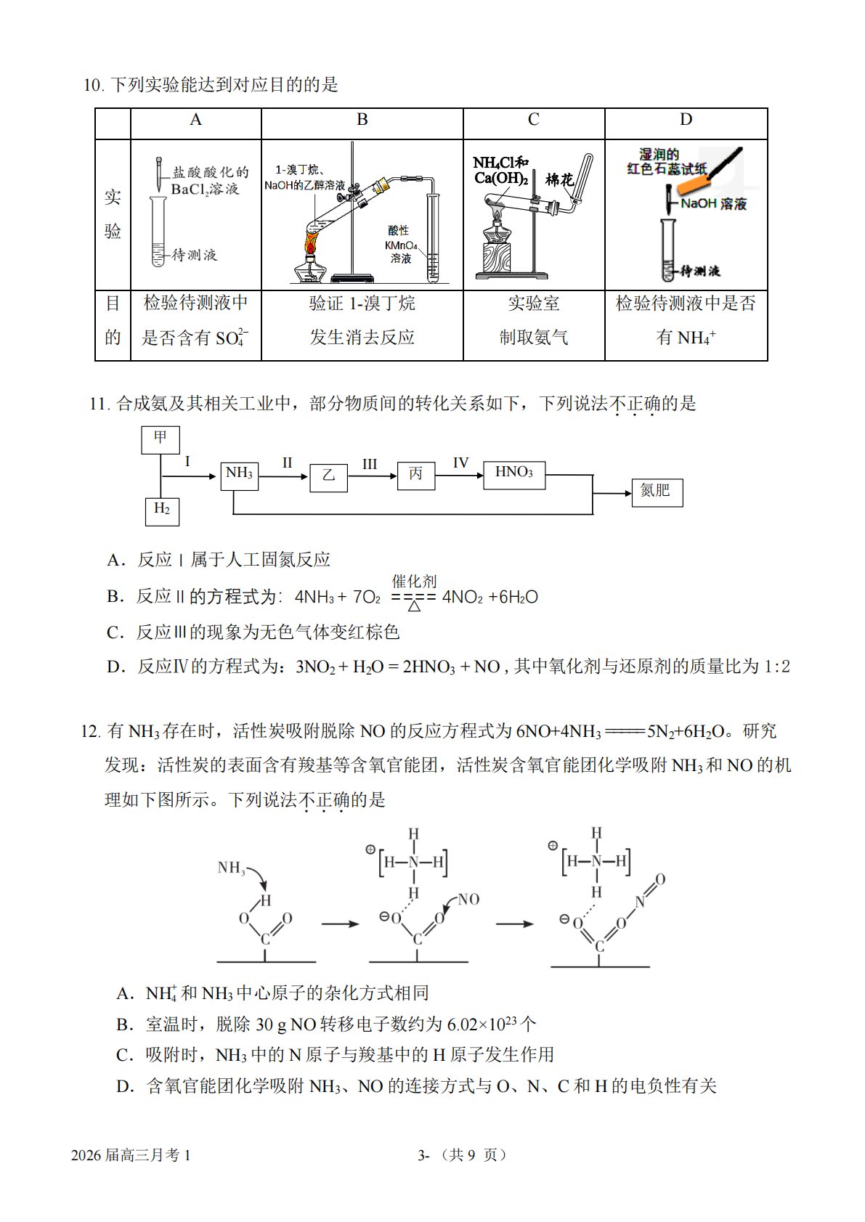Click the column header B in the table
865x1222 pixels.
click(362, 120)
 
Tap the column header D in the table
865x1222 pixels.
click(686, 120)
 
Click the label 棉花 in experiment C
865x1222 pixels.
click(559, 179)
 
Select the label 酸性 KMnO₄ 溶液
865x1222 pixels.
click(401, 245)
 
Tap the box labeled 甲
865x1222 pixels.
click(161, 440)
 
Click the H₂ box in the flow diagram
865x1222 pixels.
click(162, 512)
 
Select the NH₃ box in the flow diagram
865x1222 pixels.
click(240, 476)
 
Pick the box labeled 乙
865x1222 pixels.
click(328, 478)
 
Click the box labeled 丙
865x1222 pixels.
click(416, 476)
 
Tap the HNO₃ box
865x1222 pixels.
click(514, 475)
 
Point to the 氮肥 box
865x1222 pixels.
click(657, 492)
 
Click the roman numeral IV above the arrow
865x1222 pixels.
click(460, 463)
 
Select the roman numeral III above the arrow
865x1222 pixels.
click(370, 464)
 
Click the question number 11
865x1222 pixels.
click(100, 404)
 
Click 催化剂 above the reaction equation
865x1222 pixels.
click(414, 581)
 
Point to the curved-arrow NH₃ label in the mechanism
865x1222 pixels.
click(232, 868)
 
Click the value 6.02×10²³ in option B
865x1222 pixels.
click(482, 1024)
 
